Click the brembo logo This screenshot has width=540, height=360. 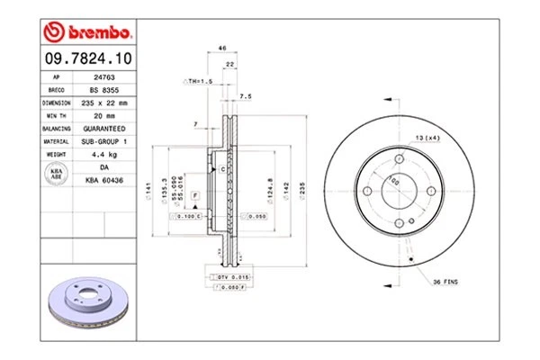pyautogui.click(x=87, y=32)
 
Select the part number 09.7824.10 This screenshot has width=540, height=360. pyautogui.click(x=86, y=59)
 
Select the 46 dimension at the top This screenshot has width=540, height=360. pyautogui.click(x=220, y=49)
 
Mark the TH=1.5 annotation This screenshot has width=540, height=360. pyautogui.click(x=200, y=81)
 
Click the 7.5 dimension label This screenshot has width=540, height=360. pyautogui.click(x=245, y=95)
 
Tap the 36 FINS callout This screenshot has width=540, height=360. pyautogui.click(x=443, y=283)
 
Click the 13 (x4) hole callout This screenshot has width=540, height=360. pyautogui.click(x=426, y=137)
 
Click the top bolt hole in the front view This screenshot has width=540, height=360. pyautogui.click(x=396, y=160)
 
